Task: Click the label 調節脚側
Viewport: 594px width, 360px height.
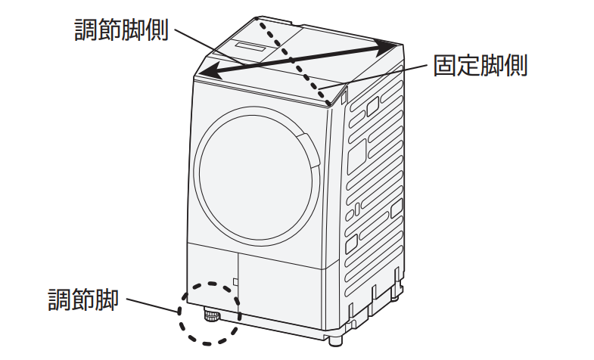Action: [121, 29]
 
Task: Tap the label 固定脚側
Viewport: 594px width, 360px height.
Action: [480, 66]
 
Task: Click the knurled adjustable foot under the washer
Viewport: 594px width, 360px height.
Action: [210, 315]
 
